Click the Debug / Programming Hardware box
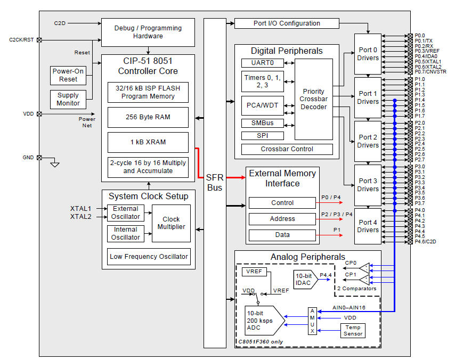(148, 32)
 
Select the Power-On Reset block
(68, 75)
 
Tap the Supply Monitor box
(68, 99)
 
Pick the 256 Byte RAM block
(148, 117)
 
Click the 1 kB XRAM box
(148, 142)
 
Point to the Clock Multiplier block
(171, 223)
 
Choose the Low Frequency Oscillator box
(149, 257)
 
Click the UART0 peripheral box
(263, 63)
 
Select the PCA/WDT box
(263, 105)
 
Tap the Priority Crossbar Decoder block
(313, 99)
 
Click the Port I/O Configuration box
(287, 23)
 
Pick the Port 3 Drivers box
(368, 185)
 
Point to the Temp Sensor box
(353, 330)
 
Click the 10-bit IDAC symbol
(305, 279)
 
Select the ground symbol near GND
(54, 164)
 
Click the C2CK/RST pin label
(21, 40)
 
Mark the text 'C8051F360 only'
(261, 341)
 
